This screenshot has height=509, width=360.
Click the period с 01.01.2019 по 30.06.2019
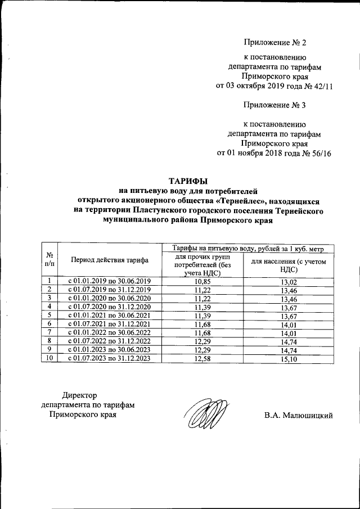[110, 281]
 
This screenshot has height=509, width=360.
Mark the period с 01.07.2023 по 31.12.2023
[110, 357]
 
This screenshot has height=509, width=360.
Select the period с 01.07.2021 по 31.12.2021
[110, 323]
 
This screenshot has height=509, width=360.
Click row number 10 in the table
[49, 357]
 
